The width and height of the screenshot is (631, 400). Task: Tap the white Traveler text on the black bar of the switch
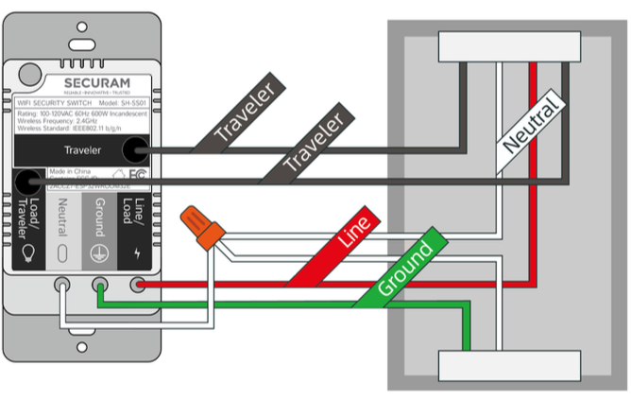coord(84,149)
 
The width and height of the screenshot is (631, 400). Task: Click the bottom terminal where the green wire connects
coord(98,284)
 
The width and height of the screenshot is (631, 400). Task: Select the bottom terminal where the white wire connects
coord(62,284)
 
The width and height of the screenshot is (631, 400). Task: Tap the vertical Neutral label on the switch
coord(62,217)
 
